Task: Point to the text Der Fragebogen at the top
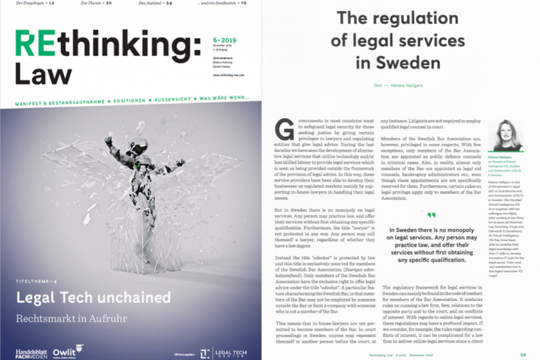(x=29, y=4)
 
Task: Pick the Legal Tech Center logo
(x=221, y=353)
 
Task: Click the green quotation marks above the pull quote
(x=431, y=215)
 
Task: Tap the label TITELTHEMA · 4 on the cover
(x=39, y=283)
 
